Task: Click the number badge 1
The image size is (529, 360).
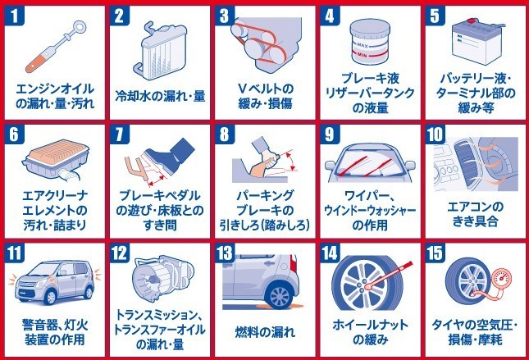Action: coord(14,16)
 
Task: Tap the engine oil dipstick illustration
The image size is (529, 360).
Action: coord(56,47)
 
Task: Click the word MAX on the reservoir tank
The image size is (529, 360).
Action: coord(362,45)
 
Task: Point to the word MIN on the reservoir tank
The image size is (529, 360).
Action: coord(363,55)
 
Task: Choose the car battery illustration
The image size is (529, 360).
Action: coord(477,42)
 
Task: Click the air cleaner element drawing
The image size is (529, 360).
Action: coord(56,159)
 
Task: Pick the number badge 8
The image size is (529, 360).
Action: coord(225,134)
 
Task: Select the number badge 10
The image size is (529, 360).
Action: coord(435,134)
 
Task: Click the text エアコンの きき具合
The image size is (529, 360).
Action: coord(475,214)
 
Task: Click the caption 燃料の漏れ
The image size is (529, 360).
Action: coord(265,332)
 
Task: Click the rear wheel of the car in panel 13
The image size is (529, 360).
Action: coord(280,295)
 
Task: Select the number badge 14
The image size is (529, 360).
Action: coord(330,253)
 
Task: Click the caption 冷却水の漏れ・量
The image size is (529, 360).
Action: coord(160,96)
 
